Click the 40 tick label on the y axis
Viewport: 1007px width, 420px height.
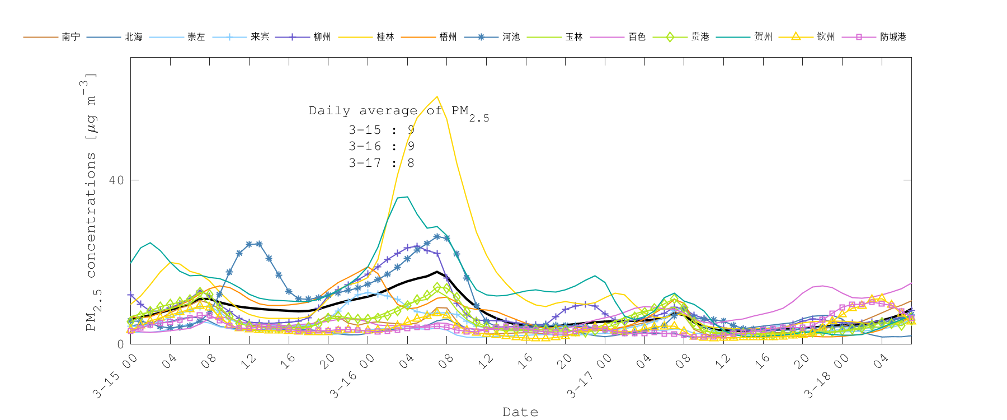[x=116, y=180]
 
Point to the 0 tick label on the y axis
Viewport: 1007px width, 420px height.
[x=120, y=344]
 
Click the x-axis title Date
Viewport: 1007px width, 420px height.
[x=520, y=412]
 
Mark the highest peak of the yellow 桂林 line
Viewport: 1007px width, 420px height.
[x=437, y=96]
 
